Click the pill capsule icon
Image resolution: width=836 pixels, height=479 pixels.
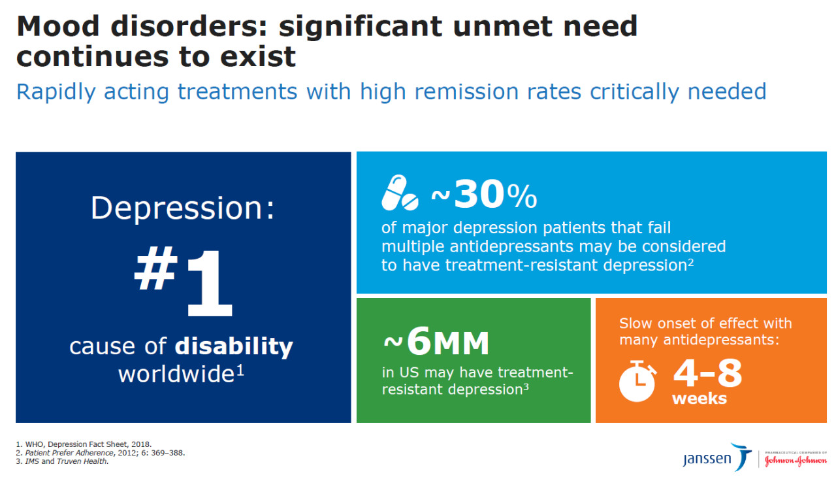(400, 193)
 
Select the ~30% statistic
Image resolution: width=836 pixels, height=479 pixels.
(484, 194)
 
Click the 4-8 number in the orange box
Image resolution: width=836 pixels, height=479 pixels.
(707, 373)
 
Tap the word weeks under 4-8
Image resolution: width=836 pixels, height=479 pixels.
(699, 399)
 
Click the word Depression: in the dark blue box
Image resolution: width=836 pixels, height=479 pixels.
(183, 208)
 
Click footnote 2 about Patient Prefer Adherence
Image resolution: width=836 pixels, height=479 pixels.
(101, 453)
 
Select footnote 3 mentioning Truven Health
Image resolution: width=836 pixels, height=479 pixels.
(62, 462)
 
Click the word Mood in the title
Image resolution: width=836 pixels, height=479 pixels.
(56, 26)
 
